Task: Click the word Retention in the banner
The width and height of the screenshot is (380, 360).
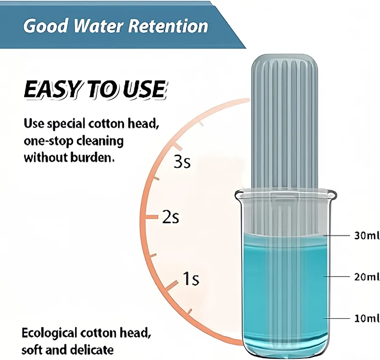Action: pos(168,26)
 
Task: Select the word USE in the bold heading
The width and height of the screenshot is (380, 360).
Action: pos(145,89)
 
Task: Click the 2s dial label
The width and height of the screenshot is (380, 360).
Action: pos(170,217)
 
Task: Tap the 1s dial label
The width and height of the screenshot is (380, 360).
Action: pos(191,278)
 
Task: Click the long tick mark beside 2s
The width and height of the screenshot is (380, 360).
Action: pos(151,217)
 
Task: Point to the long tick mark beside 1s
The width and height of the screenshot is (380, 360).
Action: pos(172,285)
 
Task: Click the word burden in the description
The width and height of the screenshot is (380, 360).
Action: pos(92,158)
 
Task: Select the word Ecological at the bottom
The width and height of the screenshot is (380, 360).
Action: pos(49,334)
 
